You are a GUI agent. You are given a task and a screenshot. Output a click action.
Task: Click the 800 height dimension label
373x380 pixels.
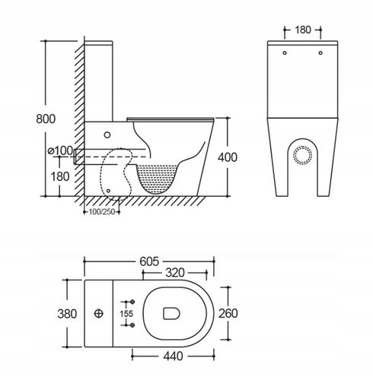click(x=46, y=119)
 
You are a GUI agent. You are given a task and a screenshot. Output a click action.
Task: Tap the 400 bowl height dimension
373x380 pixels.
click(x=228, y=157)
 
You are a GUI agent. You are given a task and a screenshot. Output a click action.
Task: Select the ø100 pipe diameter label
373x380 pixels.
click(x=60, y=150)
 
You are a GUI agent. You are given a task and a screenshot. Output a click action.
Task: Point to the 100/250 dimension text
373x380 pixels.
click(x=102, y=212)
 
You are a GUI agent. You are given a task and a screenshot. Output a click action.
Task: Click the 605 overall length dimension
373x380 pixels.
click(x=149, y=261)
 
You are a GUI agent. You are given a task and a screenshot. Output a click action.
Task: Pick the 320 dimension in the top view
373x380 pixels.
click(x=175, y=273)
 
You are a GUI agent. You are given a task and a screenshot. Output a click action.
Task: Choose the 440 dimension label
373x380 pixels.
click(x=173, y=356)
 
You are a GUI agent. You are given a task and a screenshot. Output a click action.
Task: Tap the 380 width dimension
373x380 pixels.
click(x=67, y=314)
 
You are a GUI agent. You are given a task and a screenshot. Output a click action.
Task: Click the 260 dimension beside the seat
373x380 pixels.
click(x=228, y=313)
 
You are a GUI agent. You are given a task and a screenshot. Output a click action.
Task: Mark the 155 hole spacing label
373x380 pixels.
click(x=126, y=314)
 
